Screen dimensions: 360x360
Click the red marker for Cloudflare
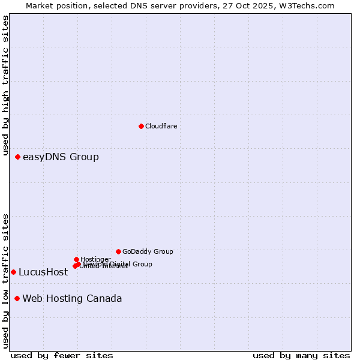click(x=141, y=126)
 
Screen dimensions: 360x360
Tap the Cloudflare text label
click(x=161, y=126)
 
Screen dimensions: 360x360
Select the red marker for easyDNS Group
click(x=17, y=157)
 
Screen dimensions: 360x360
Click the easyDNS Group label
click(x=61, y=157)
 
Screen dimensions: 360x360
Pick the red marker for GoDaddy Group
click(x=118, y=251)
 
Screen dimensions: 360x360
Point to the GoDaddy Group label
click(x=148, y=251)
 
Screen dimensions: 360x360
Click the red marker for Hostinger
click(x=76, y=259)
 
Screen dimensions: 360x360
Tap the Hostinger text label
click(x=95, y=259)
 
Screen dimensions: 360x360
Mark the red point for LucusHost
click(x=13, y=272)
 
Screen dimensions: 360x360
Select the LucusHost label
click(x=43, y=272)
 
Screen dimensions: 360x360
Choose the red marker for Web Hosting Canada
click(x=17, y=299)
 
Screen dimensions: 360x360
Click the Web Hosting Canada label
click(x=72, y=299)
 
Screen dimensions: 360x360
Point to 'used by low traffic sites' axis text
click(x=6, y=280)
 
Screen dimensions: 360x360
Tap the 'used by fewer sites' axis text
click(x=62, y=355)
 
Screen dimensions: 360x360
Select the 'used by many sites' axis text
click(x=301, y=355)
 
